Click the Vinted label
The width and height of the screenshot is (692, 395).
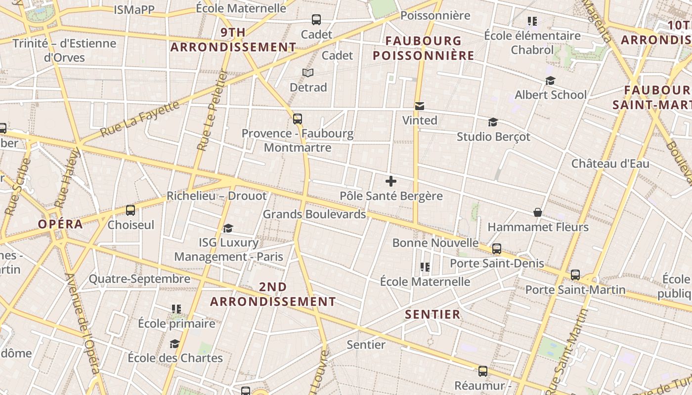coord(420,120)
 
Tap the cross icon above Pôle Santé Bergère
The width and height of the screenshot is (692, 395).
coord(391,181)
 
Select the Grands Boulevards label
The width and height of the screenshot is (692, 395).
coord(314,214)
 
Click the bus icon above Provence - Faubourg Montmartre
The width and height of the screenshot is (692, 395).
coord(297,119)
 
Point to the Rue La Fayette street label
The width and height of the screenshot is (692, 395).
coord(139,119)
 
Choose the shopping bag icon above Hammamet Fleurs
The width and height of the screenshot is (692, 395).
coord(538,212)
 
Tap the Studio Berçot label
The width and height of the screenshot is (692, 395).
coord(493,136)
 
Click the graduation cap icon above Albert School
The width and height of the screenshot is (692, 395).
coord(550,80)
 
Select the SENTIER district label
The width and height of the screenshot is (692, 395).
coord(432,315)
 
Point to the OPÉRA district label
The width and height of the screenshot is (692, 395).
coord(60,224)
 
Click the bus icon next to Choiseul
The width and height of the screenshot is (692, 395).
coord(130,210)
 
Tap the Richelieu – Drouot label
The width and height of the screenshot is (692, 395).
coord(216,196)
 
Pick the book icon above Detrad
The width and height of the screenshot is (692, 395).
coord(308,73)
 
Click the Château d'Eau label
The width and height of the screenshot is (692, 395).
coord(610,163)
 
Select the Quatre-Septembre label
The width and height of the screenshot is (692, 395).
coord(139,279)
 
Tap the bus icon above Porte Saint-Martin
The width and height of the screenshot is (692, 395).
coord(575,275)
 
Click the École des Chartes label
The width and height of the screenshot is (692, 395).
coord(175,357)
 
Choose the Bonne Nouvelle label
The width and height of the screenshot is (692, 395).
coord(435,243)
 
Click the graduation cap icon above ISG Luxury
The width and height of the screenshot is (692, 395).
coord(228,228)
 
